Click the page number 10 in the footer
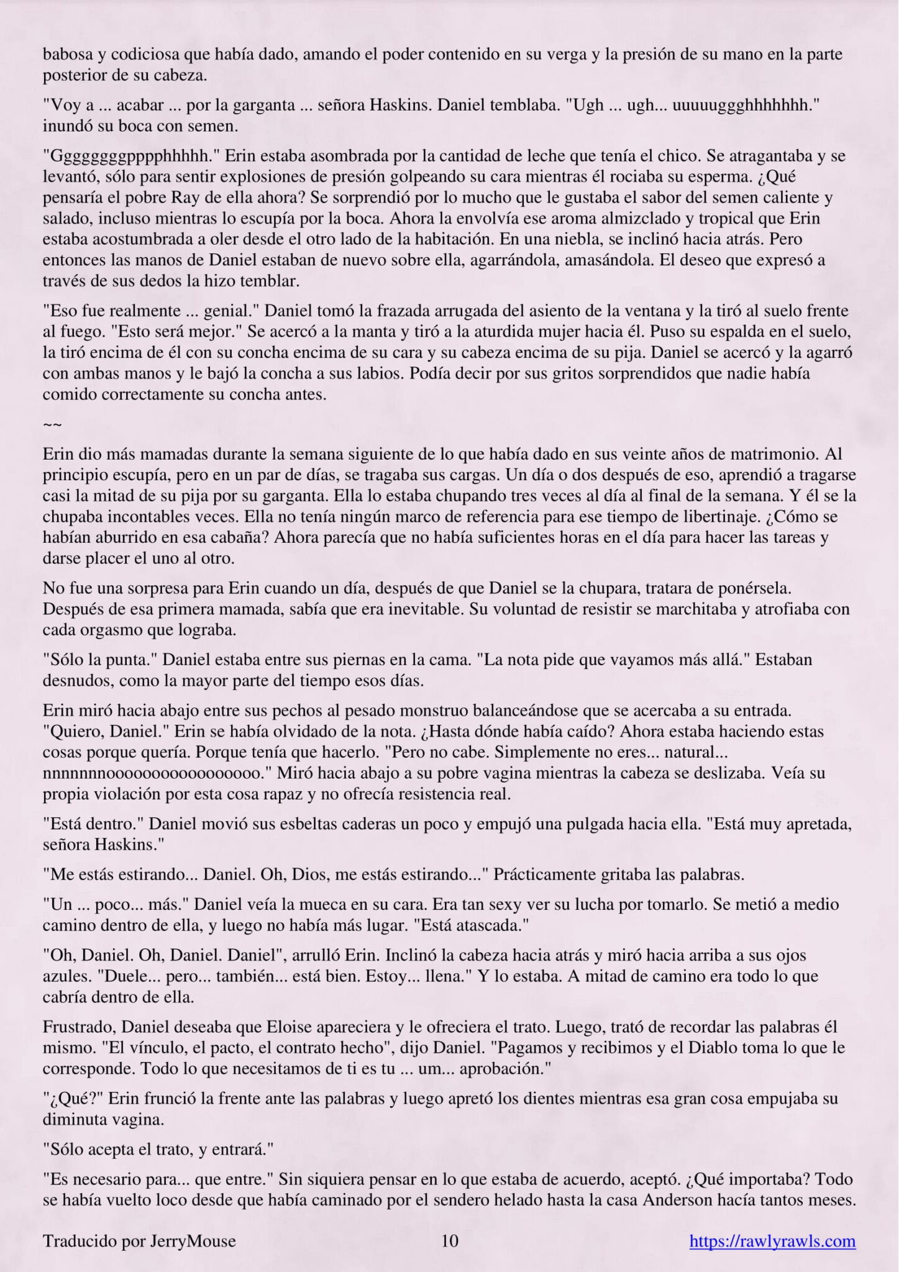(x=449, y=1241)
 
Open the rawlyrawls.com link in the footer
(x=772, y=1241)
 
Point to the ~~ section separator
(x=52, y=425)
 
